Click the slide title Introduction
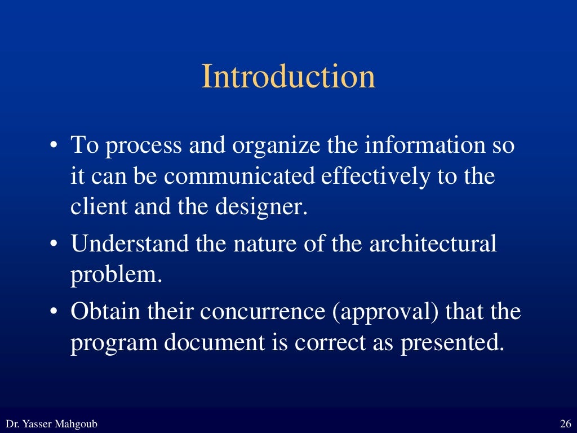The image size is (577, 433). click(288, 77)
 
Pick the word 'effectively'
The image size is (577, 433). click(374, 176)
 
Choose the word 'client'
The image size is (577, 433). click(99, 206)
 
